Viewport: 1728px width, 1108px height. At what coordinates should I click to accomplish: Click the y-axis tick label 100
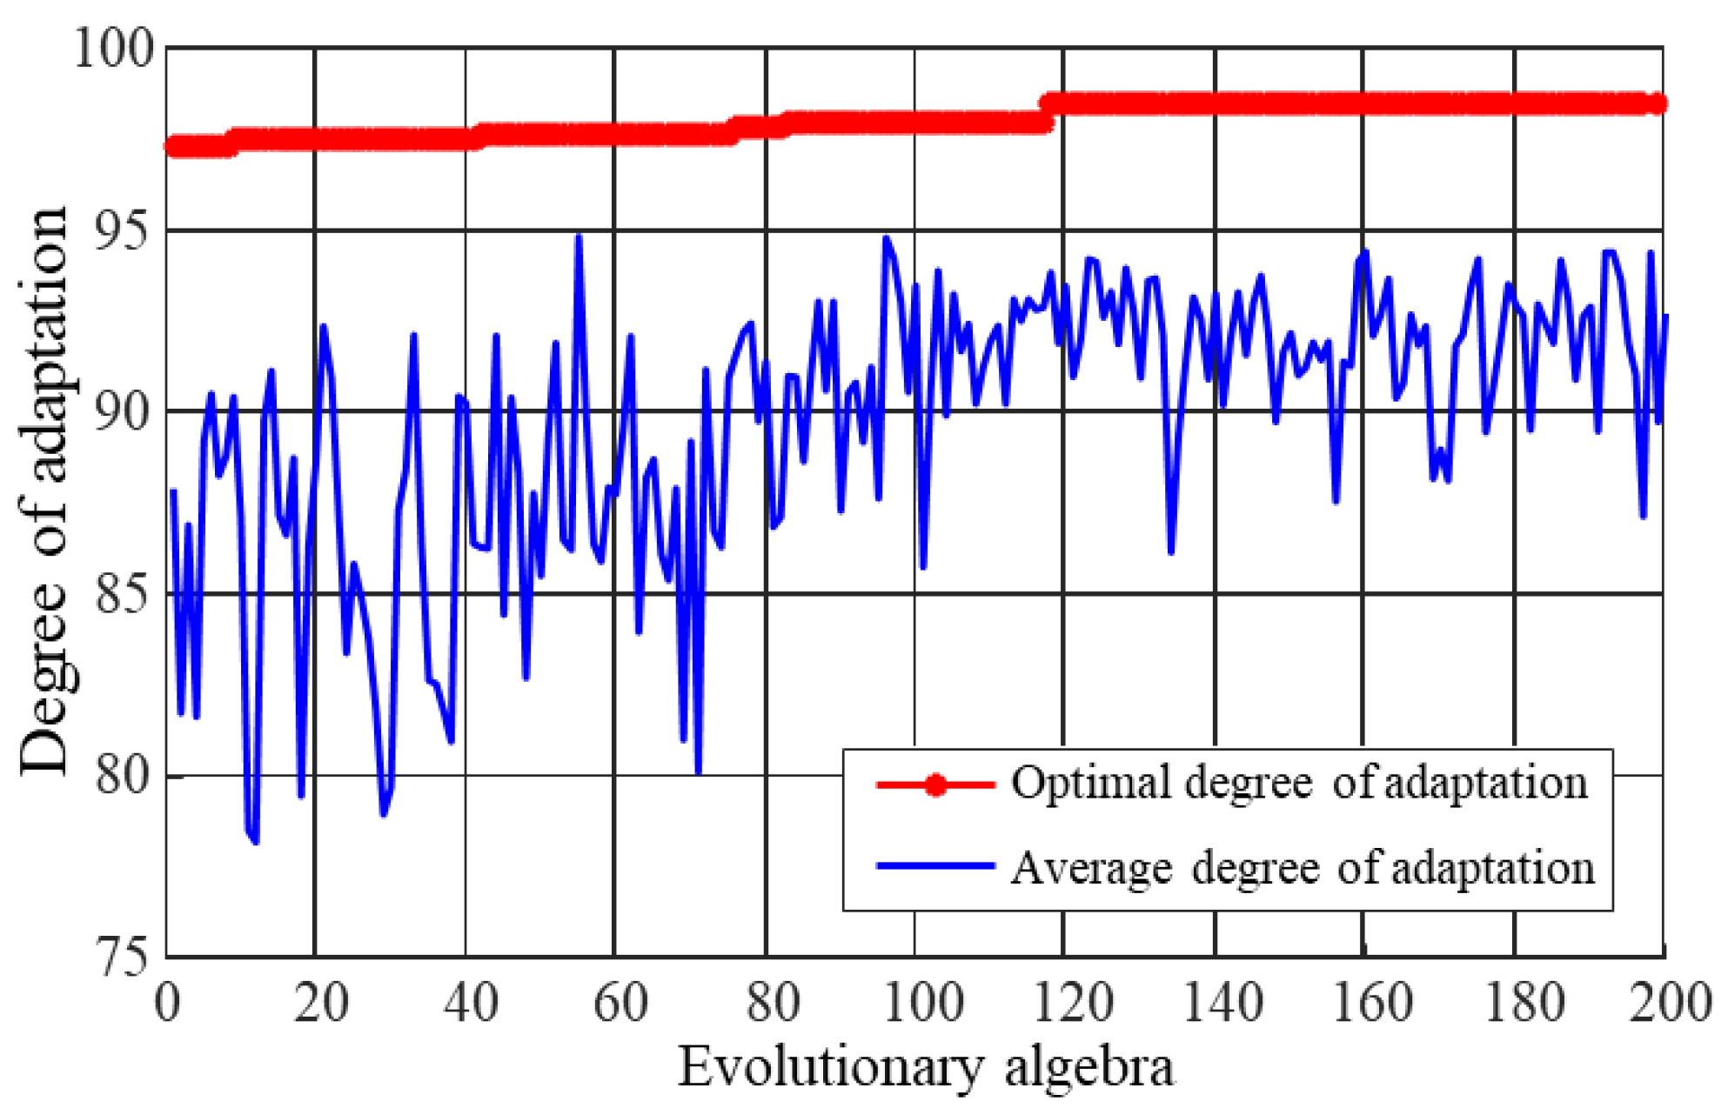coord(113,47)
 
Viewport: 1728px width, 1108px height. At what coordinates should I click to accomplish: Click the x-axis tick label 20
coord(320,1002)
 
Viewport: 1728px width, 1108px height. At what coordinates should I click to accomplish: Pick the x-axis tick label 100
coord(922,1002)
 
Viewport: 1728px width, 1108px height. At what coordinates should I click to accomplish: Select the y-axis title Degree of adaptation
coord(44,491)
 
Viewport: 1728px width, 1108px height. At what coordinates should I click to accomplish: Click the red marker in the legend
coord(934,784)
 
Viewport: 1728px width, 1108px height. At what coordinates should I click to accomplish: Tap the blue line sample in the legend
coord(934,865)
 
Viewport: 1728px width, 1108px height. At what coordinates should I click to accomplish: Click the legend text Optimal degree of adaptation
coord(1298,783)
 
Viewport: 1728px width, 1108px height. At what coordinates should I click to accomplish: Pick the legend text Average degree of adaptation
coord(1302,867)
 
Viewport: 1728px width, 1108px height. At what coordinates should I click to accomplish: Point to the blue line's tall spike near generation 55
coord(579,237)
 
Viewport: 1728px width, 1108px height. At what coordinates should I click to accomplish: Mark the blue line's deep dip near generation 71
coord(698,771)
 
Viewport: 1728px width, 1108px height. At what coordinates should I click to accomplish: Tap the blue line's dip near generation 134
coord(1171,551)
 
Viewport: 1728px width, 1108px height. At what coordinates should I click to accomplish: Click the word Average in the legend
coord(1091,867)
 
